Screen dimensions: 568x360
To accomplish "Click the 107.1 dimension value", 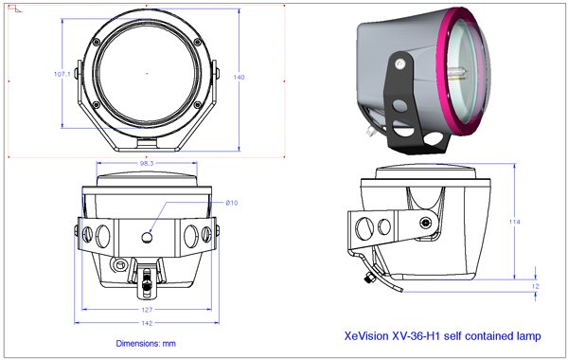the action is tap(62, 74).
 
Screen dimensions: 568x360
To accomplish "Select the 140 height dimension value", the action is tap(240, 77).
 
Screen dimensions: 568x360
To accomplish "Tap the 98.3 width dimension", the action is tap(147, 163).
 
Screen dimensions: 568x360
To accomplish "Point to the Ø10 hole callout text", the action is tap(232, 203).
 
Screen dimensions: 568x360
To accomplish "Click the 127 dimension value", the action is tap(147, 310).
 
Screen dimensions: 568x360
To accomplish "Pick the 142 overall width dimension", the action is tap(147, 323).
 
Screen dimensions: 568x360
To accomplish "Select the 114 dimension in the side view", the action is tap(514, 222).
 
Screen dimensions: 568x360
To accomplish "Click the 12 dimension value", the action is tap(536, 286).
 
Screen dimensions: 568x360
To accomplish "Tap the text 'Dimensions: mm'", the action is tap(146, 343).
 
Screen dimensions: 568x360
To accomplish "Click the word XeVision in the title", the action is tap(365, 335).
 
